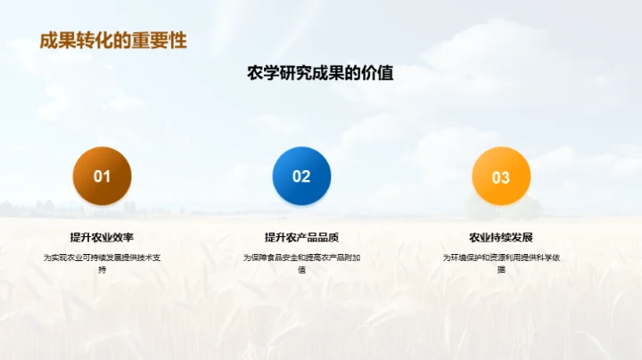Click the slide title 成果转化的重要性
click(113, 42)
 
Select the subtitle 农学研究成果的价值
click(320, 74)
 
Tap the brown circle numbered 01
click(102, 176)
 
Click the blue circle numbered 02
click(301, 176)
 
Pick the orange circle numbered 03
click(501, 176)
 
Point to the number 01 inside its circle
click(102, 176)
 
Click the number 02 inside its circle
click(301, 176)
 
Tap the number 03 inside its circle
click(501, 177)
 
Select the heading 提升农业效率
click(102, 237)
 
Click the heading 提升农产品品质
click(301, 237)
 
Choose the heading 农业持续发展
click(501, 237)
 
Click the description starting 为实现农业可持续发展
click(102, 263)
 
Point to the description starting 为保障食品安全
click(301, 263)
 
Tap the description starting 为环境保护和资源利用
click(501, 263)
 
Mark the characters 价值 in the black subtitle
click(379, 74)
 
